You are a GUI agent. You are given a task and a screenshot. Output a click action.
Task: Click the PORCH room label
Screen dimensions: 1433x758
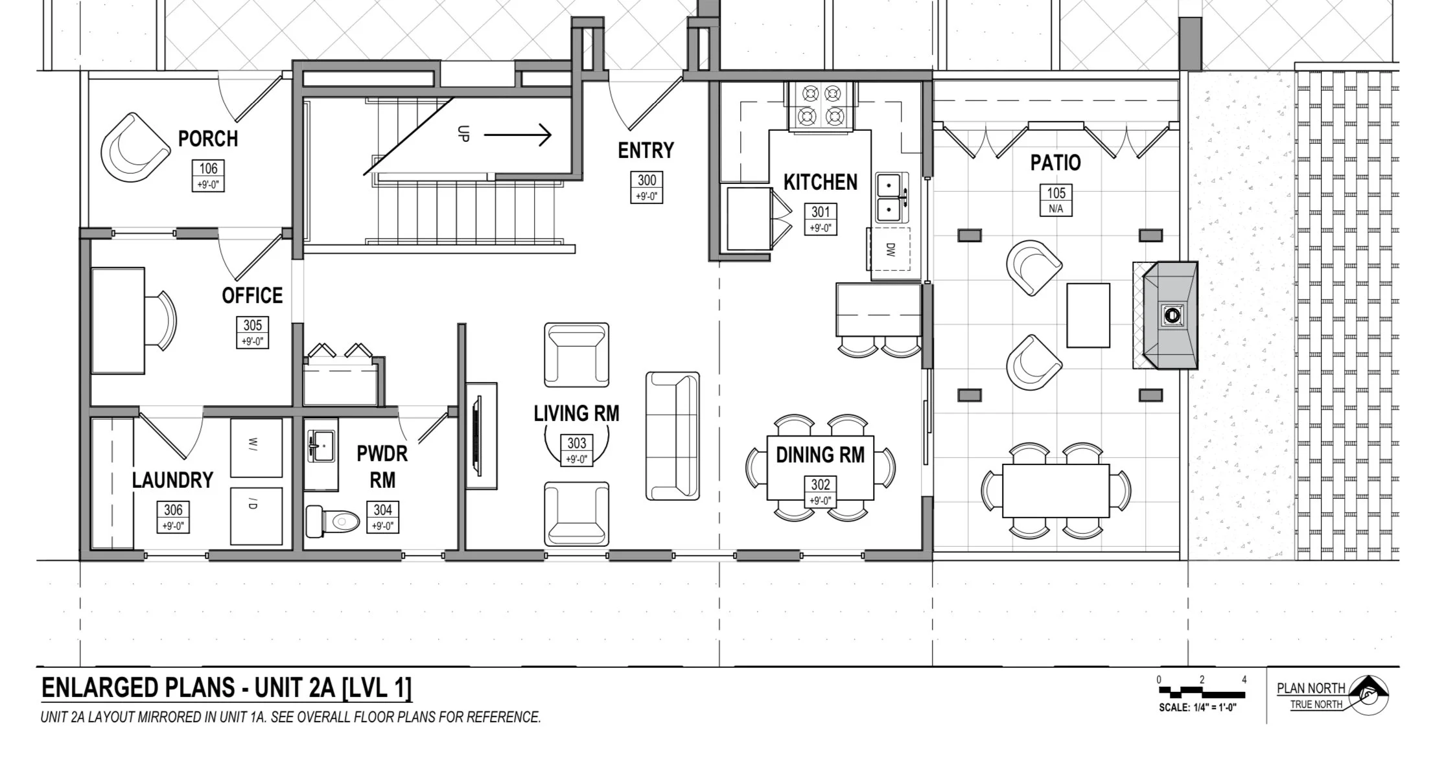[208, 139]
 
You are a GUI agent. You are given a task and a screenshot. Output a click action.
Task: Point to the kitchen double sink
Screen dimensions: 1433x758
[892, 198]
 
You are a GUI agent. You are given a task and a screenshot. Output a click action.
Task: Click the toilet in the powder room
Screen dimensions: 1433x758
[332, 521]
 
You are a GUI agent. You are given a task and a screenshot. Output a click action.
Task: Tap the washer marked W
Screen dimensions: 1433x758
[257, 448]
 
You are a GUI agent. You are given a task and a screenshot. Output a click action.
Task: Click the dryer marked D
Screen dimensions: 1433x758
[257, 516]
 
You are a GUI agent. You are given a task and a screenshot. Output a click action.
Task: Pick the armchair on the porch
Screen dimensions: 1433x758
[135, 149]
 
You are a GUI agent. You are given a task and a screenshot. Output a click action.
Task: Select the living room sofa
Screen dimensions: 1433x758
[673, 436]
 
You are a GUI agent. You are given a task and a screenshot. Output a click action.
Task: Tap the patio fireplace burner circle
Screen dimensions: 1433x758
[1172, 316]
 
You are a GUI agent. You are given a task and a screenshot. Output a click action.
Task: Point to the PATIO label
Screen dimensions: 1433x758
[1056, 163]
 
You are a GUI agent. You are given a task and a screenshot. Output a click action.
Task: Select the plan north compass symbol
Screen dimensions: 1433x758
[1367, 696]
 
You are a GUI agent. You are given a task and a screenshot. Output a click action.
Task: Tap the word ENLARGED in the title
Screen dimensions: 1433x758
[101, 687]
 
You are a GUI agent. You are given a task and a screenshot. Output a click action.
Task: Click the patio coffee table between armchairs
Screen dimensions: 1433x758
[1088, 316]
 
